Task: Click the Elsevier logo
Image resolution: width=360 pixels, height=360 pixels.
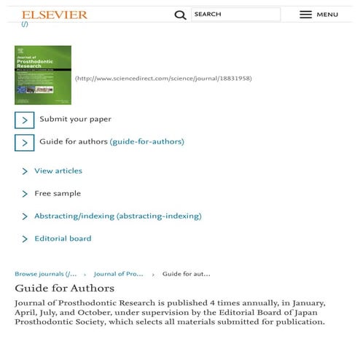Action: pos(54,15)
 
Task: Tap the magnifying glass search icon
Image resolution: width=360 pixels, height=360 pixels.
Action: pos(180,15)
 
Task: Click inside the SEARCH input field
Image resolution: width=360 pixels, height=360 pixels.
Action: pos(235,15)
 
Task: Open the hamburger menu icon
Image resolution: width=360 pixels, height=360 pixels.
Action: pos(306,15)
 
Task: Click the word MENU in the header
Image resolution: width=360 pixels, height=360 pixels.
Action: pos(327,15)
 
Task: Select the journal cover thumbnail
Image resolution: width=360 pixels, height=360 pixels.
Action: pos(43,75)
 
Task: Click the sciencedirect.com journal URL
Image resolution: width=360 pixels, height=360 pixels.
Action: pos(163,79)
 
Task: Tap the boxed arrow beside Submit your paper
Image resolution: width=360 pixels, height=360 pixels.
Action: pos(25,120)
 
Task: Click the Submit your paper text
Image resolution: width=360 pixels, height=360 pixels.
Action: pos(75,119)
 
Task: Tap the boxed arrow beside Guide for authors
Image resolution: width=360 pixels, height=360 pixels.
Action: pos(25,142)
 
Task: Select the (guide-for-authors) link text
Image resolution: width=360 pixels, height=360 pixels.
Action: pos(146,141)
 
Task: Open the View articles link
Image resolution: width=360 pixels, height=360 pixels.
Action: pos(58,171)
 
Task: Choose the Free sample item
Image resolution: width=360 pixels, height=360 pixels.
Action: pos(58,193)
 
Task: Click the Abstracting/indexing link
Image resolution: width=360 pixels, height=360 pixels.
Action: pos(117,216)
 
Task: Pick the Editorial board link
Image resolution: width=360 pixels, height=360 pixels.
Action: pos(63,238)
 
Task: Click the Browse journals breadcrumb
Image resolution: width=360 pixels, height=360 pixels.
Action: pos(45,274)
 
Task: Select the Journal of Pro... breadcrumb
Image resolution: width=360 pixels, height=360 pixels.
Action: pos(118,274)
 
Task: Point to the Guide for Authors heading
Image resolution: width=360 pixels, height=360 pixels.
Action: pos(64,289)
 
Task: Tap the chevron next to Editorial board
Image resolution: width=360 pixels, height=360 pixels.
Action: pos(25,239)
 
